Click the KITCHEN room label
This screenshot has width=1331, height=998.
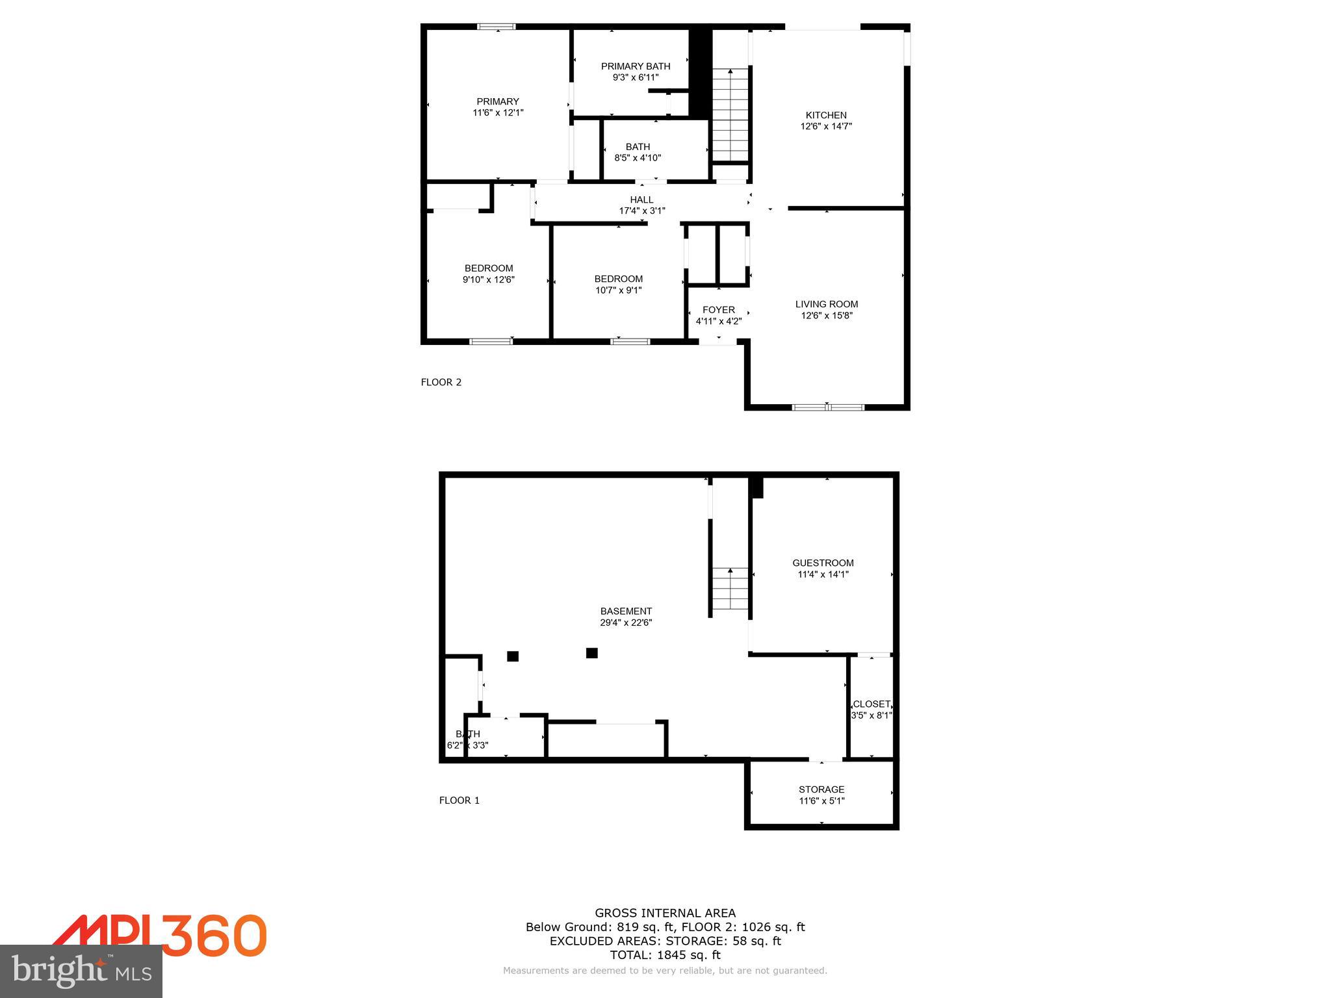pyautogui.click(x=826, y=116)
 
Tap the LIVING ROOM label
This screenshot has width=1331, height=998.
pyautogui.click(x=827, y=304)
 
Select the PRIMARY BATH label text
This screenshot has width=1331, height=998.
pyautogui.click(x=635, y=66)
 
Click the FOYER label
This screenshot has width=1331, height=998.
pyautogui.click(x=718, y=310)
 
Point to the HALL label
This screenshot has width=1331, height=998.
pyautogui.click(x=641, y=199)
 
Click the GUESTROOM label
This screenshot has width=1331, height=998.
pyautogui.click(x=823, y=563)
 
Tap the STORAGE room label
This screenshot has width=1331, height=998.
pyautogui.click(x=821, y=789)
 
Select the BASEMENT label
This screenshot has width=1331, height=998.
pyautogui.click(x=626, y=611)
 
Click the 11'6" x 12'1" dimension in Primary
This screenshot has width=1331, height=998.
pyautogui.click(x=498, y=112)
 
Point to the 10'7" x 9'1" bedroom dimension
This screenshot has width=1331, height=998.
pyautogui.click(x=618, y=290)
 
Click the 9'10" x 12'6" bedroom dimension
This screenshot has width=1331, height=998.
pyautogui.click(x=488, y=279)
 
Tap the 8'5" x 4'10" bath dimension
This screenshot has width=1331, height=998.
pyautogui.click(x=638, y=157)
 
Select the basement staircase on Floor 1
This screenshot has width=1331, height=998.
pyautogui.click(x=730, y=589)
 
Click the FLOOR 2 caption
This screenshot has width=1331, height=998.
pyautogui.click(x=441, y=382)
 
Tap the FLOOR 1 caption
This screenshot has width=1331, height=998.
pyautogui.click(x=459, y=800)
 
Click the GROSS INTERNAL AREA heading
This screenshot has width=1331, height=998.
pyautogui.click(x=665, y=913)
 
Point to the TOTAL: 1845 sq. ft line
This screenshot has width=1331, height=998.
pyautogui.click(x=665, y=954)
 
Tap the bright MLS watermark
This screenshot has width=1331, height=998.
pyautogui.click(x=81, y=971)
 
